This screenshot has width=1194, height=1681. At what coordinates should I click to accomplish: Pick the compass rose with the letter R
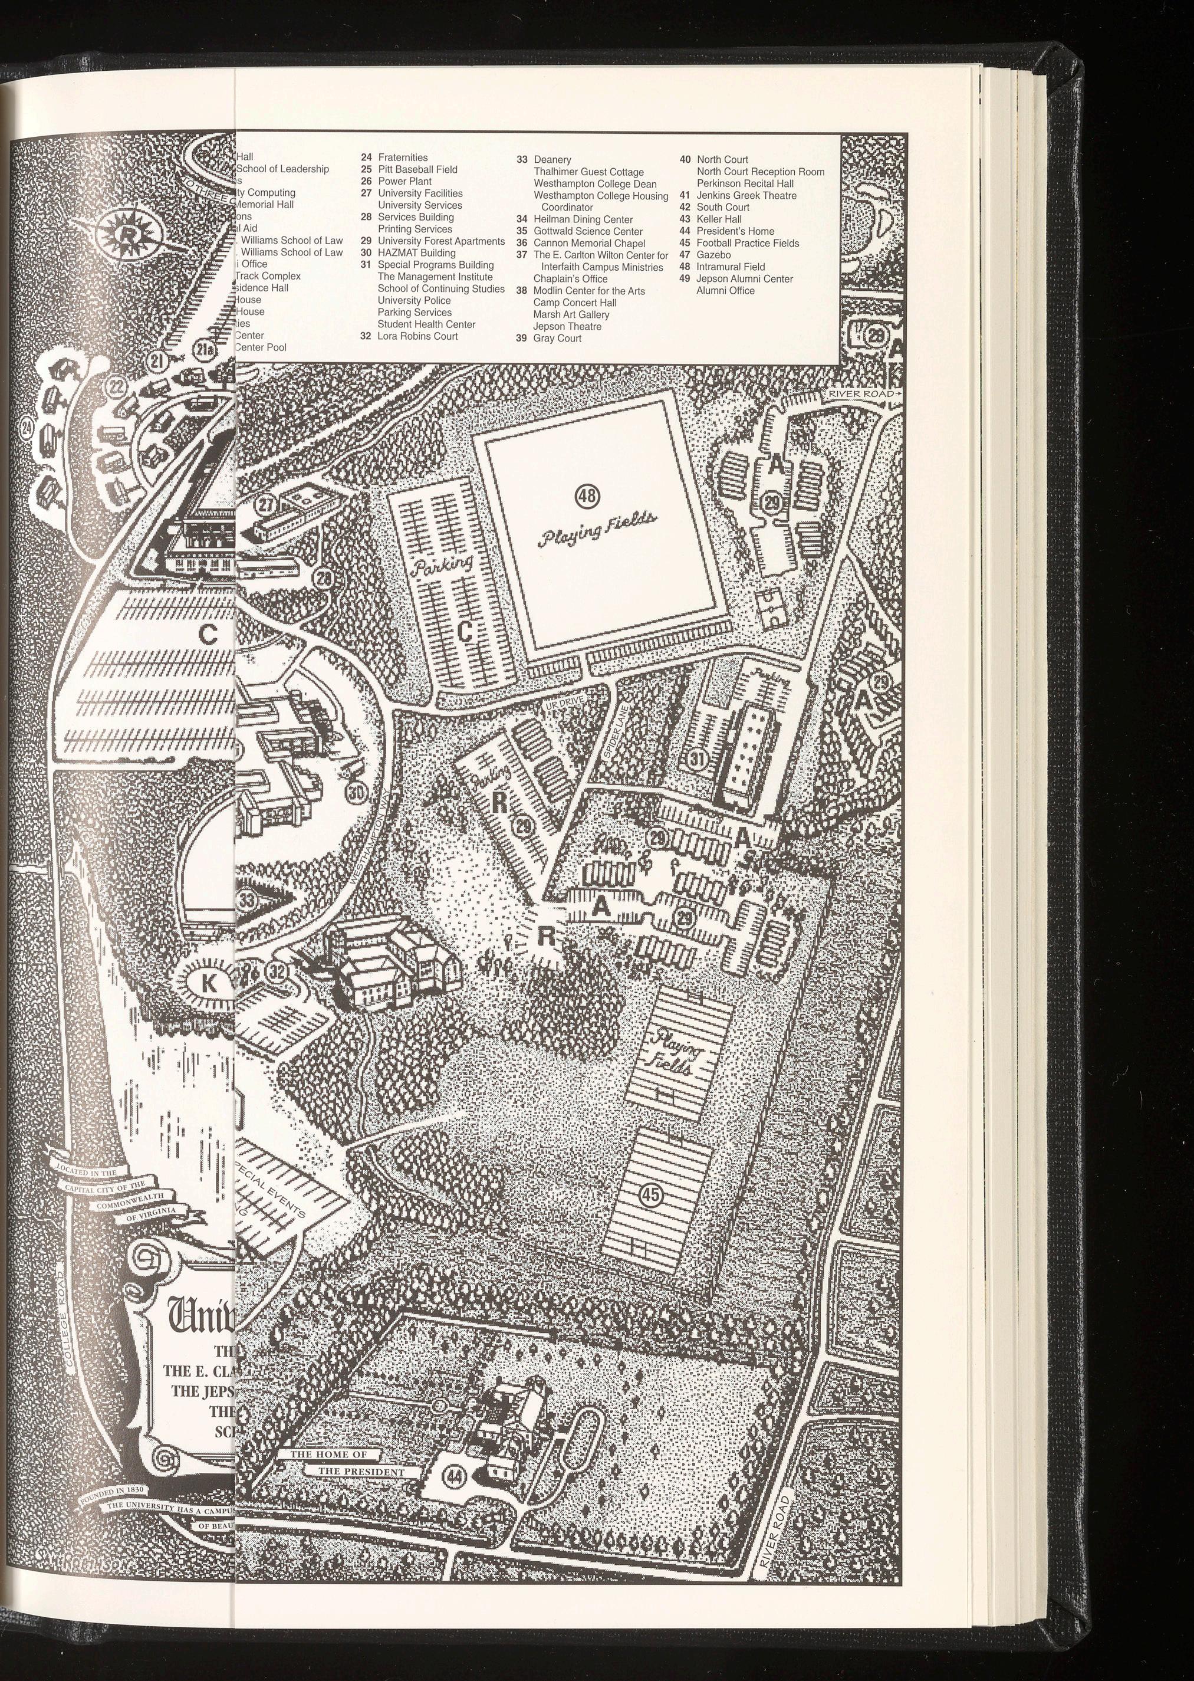point(128,235)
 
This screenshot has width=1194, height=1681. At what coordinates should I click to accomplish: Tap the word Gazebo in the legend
point(713,254)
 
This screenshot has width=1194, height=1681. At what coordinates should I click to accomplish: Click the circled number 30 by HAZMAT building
point(357,793)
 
